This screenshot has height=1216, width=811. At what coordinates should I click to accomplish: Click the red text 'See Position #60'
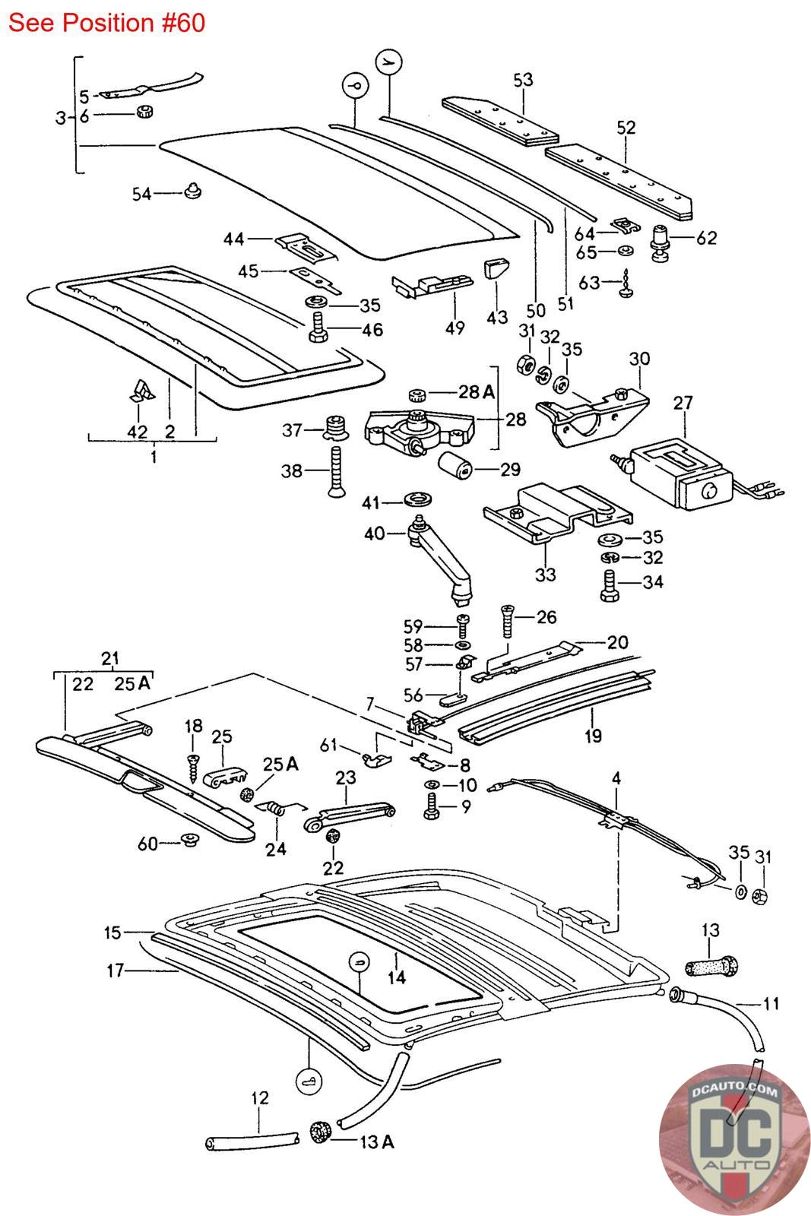[106, 23]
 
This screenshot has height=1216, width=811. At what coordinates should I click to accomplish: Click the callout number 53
[523, 80]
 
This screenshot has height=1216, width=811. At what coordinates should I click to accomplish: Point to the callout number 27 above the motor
[683, 402]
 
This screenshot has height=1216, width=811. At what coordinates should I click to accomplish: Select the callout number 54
[142, 194]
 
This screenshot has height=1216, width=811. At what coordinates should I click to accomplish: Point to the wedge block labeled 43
[496, 270]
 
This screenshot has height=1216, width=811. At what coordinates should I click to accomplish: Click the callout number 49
[455, 328]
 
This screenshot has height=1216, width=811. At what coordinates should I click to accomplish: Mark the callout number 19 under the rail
[593, 736]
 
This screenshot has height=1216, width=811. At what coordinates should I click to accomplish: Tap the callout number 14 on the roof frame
[397, 977]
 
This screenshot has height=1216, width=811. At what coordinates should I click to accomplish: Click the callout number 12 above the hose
[259, 1098]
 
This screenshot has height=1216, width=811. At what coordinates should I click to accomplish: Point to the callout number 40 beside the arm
[374, 534]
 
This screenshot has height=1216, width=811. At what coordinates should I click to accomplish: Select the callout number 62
[706, 238]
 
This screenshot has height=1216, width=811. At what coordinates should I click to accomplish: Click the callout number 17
[115, 970]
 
